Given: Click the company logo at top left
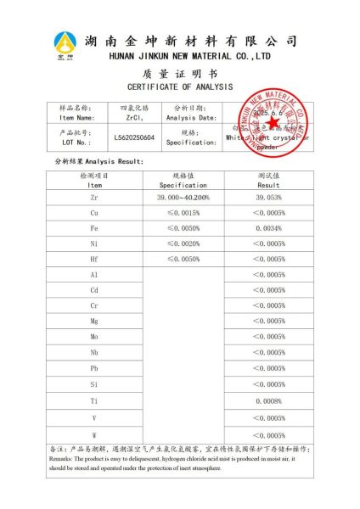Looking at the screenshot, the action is pos(65,43).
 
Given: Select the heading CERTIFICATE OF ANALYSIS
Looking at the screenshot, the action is pos(179,87).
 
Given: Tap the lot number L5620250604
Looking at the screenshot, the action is pos(134,137).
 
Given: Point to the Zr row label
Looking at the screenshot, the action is pos(94,197).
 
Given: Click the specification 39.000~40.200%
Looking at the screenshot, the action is pos(183,197).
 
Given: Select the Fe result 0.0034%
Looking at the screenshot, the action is pos(268,228).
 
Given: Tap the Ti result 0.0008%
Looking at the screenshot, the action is pos(268,400).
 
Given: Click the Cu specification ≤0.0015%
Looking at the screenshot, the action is pos(183,212).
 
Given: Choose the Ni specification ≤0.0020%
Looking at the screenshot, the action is pos(183,243).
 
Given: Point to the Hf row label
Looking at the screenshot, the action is pos(94,259).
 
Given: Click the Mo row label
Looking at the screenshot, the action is pos(94,337).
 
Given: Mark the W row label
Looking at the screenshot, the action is pos(94,435).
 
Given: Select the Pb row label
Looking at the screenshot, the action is pos(94,368).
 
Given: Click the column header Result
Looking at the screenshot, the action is pos(268,184).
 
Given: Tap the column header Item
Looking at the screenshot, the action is pos(94,184).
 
